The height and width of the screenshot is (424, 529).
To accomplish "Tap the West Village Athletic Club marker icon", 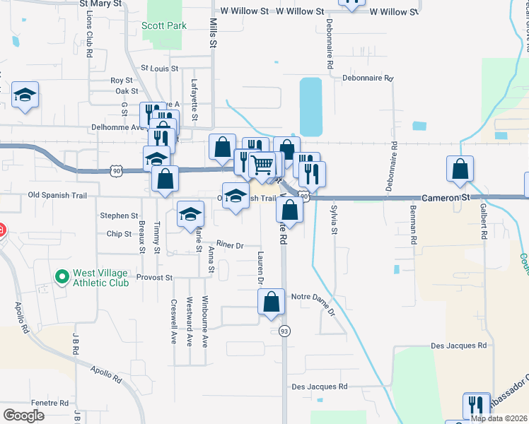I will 62,276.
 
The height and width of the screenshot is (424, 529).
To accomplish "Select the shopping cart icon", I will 262,165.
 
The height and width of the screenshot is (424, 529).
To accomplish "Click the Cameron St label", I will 446,199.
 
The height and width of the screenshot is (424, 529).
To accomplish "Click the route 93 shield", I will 285,331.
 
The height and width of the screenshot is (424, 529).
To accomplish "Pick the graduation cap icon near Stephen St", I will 190,214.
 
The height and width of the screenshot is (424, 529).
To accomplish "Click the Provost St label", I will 154,278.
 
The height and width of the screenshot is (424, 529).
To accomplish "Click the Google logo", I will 23,416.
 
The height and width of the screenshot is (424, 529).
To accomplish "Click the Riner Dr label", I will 230,245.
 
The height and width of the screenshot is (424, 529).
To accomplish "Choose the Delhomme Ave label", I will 118,128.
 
